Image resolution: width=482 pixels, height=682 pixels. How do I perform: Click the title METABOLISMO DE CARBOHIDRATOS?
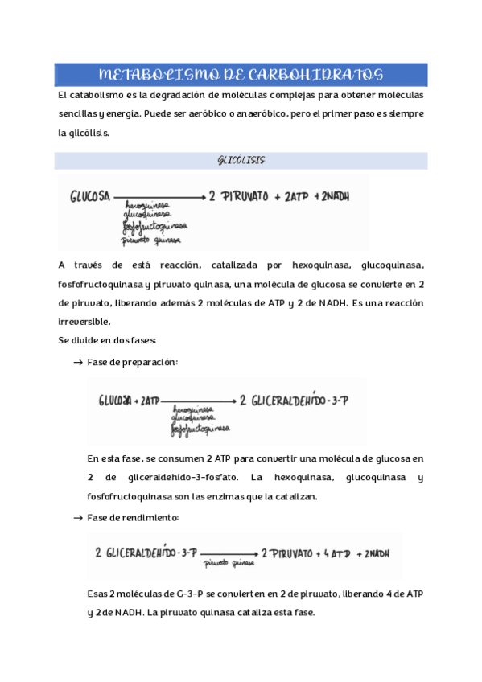pyautogui.click(x=241, y=76)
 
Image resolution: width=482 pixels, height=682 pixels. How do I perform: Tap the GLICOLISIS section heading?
pyautogui.click(x=241, y=161)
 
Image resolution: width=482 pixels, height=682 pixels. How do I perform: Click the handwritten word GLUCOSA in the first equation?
pyautogui.click(x=91, y=196)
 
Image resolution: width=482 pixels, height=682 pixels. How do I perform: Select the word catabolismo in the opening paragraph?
pyautogui.click(x=94, y=95)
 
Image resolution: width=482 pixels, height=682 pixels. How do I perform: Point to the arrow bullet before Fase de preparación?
pyautogui.click(x=78, y=363)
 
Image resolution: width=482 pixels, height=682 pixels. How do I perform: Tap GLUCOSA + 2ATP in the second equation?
pyautogui.click(x=130, y=400)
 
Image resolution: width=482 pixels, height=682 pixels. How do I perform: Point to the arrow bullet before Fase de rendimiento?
pyautogui.click(x=78, y=517)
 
